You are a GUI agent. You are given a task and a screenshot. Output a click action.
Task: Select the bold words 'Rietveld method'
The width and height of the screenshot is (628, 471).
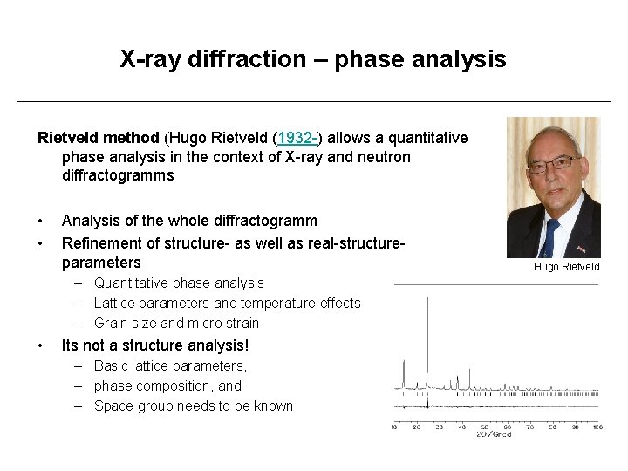tap(98, 138)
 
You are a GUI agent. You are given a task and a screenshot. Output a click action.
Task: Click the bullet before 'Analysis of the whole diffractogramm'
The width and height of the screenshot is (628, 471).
tap(42, 222)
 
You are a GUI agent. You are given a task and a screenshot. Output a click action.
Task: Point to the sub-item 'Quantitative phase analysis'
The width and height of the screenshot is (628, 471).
tap(179, 283)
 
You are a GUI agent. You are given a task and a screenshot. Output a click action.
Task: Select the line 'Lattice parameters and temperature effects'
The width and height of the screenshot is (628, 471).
tap(227, 303)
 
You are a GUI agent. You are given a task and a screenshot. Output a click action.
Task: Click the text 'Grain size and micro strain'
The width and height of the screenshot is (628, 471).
tap(176, 323)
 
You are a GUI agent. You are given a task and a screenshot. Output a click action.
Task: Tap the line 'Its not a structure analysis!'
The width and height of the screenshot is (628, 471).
tap(155, 345)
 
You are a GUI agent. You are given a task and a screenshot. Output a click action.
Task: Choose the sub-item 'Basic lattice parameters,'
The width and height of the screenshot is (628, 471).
tap(171, 365)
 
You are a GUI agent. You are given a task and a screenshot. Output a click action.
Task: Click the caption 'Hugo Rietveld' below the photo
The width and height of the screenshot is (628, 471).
tap(567, 267)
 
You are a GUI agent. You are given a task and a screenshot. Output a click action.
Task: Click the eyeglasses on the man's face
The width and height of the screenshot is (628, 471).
tap(554, 162)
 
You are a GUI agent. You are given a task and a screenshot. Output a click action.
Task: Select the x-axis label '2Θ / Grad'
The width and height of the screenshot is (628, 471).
tap(494, 434)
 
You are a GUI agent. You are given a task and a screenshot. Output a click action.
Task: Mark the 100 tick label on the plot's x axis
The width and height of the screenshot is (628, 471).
tap(597, 427)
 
